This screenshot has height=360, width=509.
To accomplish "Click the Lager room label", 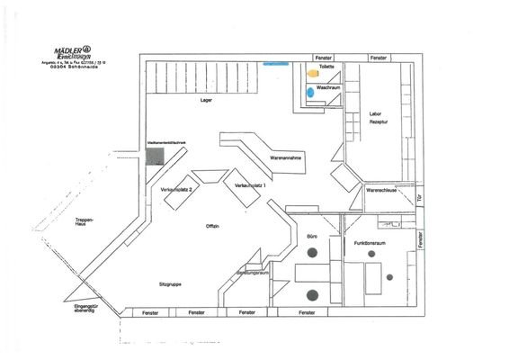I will tap(206, 100).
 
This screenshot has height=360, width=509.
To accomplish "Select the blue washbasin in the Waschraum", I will tap(310, 92).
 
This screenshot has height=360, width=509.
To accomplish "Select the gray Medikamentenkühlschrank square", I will tap(156, 157).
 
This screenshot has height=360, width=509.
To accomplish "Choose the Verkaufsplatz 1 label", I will tap(250, 184).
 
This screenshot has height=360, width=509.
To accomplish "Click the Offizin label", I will tap(213, 225).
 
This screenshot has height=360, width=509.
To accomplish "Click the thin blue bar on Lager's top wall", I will tap(273, 64).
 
